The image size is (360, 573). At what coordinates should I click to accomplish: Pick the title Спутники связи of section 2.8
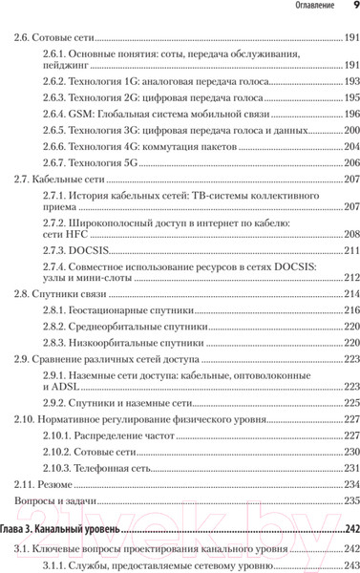[x=67, y=294]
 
